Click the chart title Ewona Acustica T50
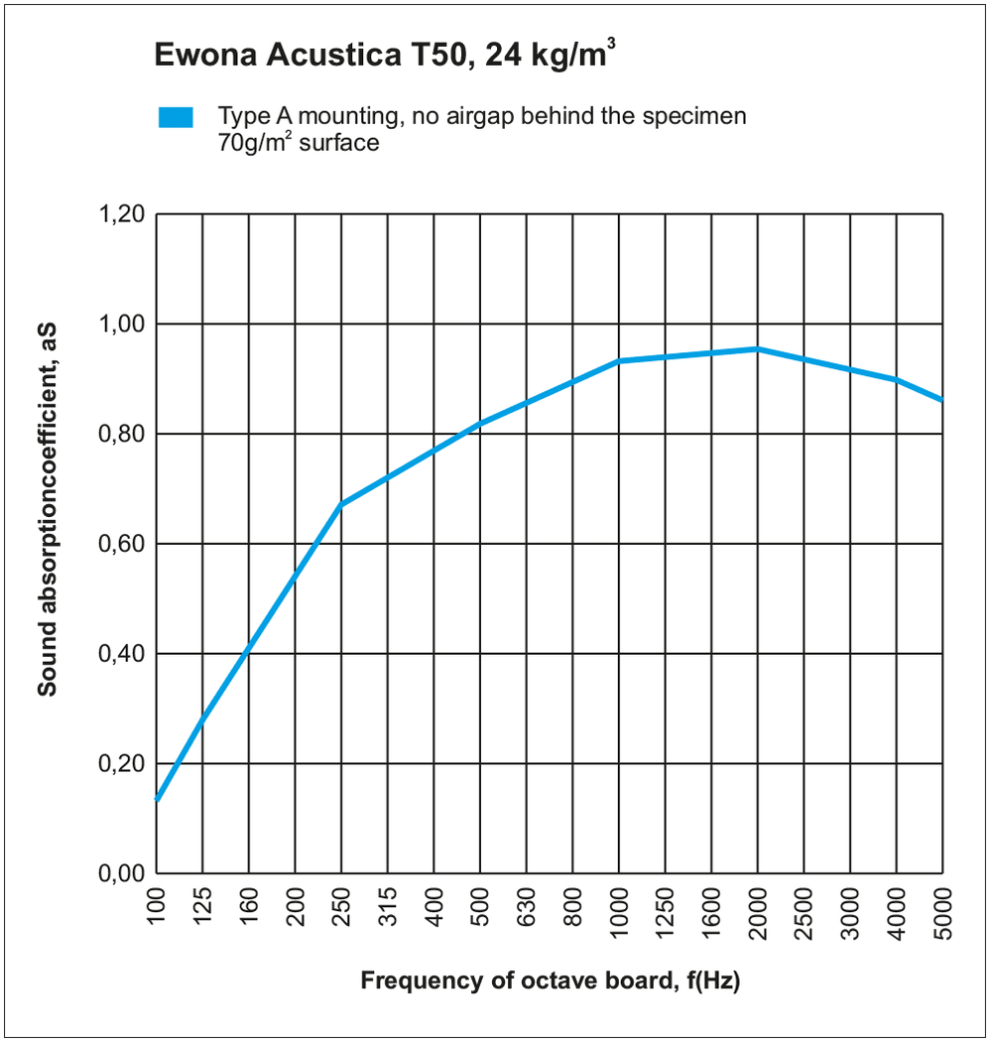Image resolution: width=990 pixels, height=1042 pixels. tap(385, 57)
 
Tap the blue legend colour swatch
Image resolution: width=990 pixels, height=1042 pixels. tap(176, 118)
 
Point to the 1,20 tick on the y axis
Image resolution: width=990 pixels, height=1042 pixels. tap(123, 214)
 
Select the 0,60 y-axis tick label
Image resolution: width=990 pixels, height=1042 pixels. tap(123, 544)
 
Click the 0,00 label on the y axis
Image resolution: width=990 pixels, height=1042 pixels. tap(123, 873)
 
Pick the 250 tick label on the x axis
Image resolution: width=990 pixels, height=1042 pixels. tap(342, 906)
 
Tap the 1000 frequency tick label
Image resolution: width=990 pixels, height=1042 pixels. tap(619, 911)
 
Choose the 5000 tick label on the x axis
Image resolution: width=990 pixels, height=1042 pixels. tap(942, 911)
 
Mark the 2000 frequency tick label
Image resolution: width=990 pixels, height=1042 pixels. tap(758, 911)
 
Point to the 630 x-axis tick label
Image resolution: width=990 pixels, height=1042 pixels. tap(527, 906)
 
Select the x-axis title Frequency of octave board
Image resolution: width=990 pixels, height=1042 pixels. tap(551, 981)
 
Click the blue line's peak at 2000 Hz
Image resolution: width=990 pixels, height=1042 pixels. tap(758, 349)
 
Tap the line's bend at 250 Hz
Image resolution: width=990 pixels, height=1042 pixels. tap(341, 504)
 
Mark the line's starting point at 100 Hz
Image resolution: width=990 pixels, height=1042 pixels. tap(158, 798)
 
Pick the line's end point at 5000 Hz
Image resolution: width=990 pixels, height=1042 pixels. tap(941, 399)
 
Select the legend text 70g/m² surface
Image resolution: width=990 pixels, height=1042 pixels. tap(299, 142)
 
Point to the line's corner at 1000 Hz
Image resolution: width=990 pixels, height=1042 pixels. tap(619, 361)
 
